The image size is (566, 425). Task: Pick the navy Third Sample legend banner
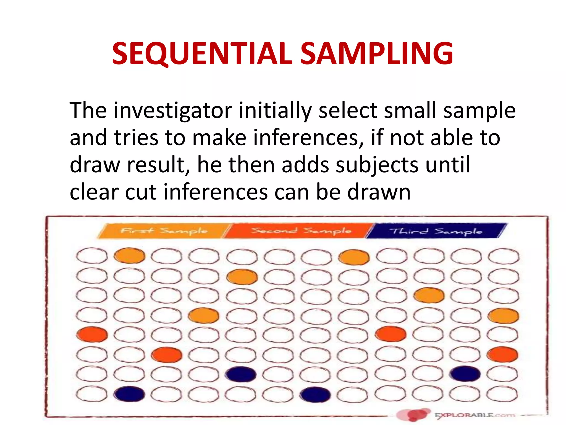(437, 231)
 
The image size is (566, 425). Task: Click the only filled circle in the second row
(242, 277)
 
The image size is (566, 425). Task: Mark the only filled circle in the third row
(429, 296)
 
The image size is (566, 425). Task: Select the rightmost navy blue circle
(466, 374)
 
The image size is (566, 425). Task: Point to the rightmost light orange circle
(503, 316)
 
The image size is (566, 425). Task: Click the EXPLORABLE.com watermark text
(475, 415)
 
